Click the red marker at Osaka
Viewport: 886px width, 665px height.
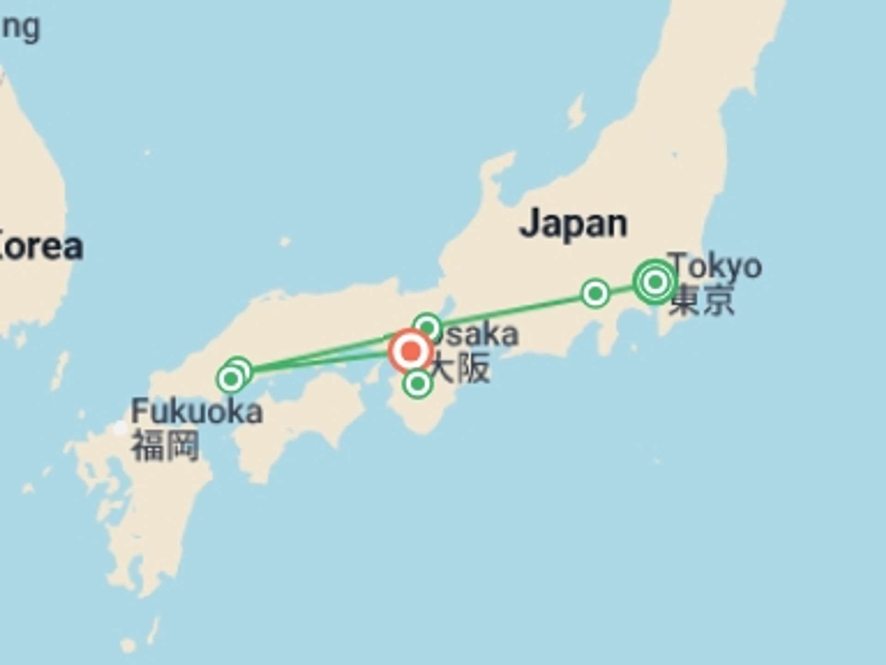pos(411,351)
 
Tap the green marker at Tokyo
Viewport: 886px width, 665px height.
pos(655,281)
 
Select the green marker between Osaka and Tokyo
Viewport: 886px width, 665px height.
pos(595,293)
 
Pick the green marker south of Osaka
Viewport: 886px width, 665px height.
pos(418,383)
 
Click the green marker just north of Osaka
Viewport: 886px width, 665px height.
pos(427,327)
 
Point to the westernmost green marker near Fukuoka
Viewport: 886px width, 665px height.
pos(230,379)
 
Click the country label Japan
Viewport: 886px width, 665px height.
pos(573,224)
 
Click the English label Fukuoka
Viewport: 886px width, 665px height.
pos(197,411)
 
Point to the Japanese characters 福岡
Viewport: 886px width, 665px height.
pos(165,446)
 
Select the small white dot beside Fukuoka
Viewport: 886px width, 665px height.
pos(120,428)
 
